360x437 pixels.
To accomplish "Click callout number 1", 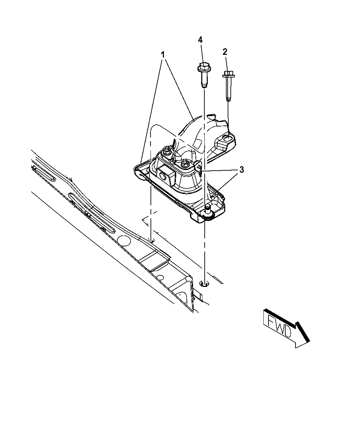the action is (163, 55).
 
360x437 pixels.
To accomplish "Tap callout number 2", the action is (225, 52).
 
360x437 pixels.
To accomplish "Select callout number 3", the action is (241, 170).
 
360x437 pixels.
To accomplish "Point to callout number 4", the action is (201, 39).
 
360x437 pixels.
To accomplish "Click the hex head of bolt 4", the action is (204, 66).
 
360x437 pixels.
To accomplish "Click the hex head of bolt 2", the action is (228, 73).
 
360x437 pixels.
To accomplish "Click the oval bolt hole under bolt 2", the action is (227, 138).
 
